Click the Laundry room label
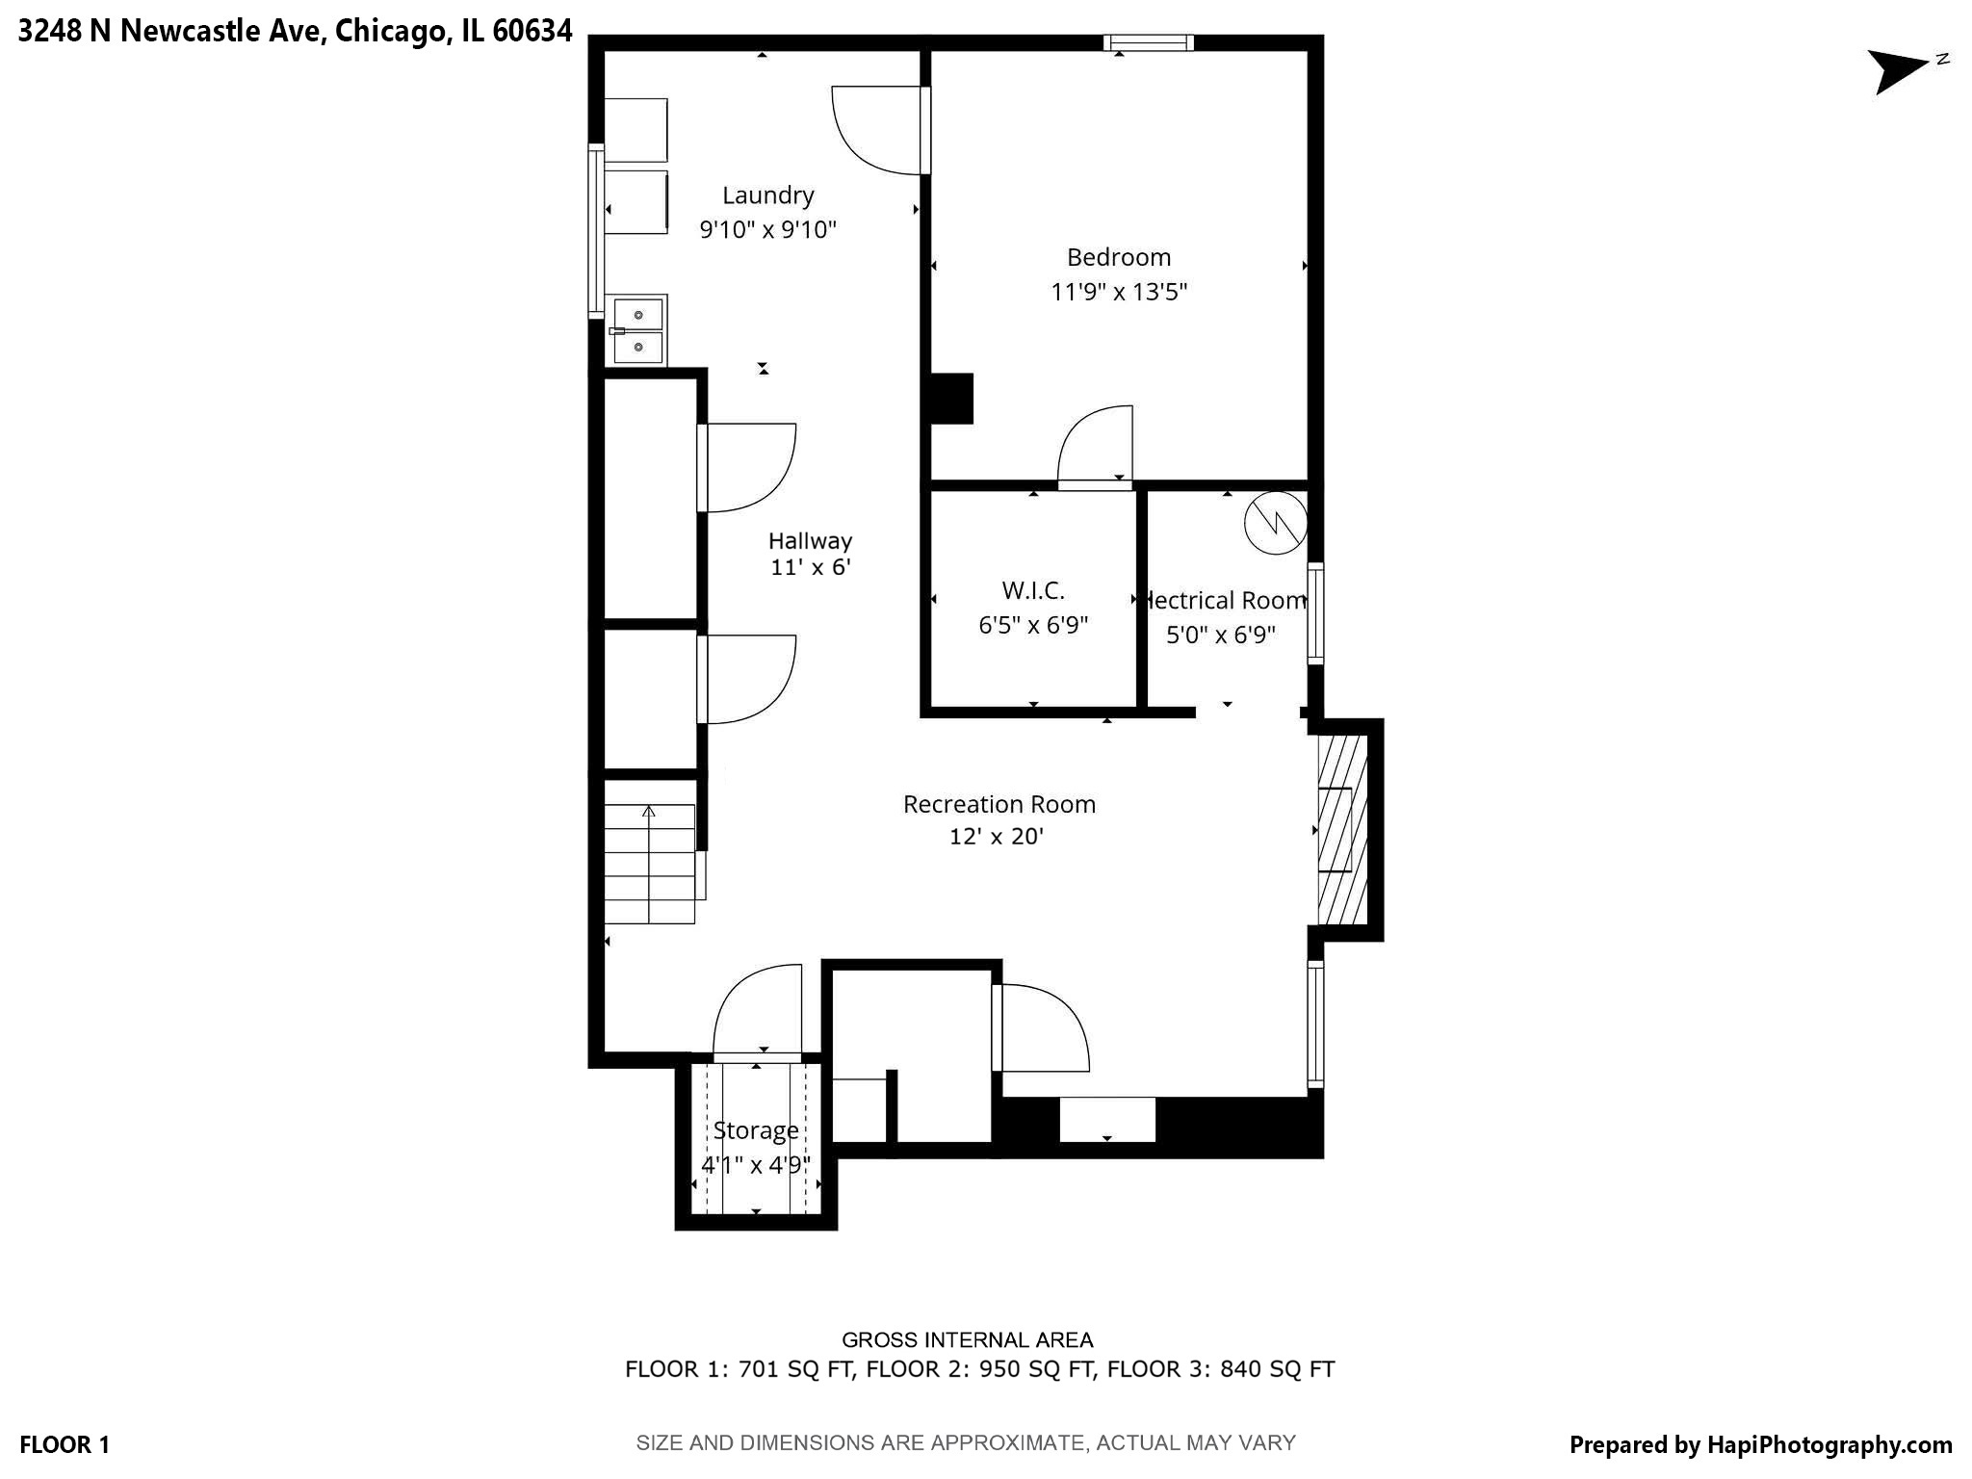coord(767,195)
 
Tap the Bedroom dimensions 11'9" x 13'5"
coord(1118,292)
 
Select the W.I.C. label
coord(1032,590)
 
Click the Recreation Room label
coord(999,804)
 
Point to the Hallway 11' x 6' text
coord(810,554)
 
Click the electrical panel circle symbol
coord(1275,523)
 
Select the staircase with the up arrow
coord(649,864)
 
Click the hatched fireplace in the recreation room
coord(1341,829)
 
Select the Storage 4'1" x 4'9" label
coord(755,1147)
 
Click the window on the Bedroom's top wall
coord(1148,42)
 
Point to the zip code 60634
coord(532,31)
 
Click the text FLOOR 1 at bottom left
coord(65,1444)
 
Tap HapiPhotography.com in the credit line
coord(1829,1444)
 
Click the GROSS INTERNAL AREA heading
coord(967,1339)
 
